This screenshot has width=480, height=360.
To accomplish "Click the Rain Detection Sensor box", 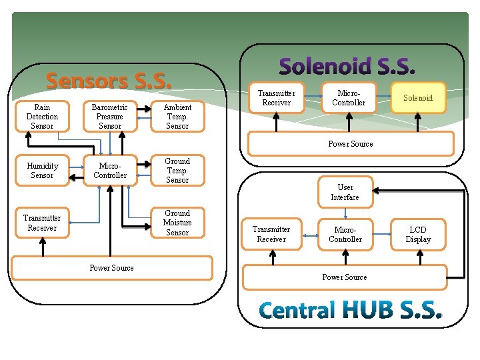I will pos(42,117).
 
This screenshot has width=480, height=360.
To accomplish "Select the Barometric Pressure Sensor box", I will pos(110,117).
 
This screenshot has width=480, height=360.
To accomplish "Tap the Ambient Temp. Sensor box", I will pos(177,117).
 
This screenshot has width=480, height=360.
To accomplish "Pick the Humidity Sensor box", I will pos(42,171).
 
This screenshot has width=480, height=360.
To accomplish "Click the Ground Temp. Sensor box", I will pos(177,171).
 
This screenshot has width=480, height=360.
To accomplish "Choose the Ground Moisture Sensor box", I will pos(177,223).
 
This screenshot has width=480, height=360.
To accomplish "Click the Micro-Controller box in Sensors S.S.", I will pos(110,171).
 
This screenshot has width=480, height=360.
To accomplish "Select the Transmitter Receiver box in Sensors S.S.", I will pos(42,223).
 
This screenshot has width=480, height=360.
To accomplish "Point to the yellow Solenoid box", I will pos(418,98).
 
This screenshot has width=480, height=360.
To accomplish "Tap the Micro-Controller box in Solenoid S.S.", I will pos(349,98).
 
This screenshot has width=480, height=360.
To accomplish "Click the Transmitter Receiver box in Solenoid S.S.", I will pos(277,98).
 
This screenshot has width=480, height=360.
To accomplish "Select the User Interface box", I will pos(345,193).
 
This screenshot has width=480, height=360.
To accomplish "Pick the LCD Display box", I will pos(418,235).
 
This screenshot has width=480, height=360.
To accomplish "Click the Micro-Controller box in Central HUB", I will pos(345,235).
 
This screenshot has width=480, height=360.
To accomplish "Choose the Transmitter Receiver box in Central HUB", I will pos(271,235).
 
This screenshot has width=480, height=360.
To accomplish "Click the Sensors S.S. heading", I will pos(109,81).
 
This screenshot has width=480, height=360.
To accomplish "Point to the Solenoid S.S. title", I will pos(347,66).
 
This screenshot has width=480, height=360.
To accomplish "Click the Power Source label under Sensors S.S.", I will pos(111,268).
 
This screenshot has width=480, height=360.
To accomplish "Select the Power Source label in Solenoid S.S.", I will pos(351,144).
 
